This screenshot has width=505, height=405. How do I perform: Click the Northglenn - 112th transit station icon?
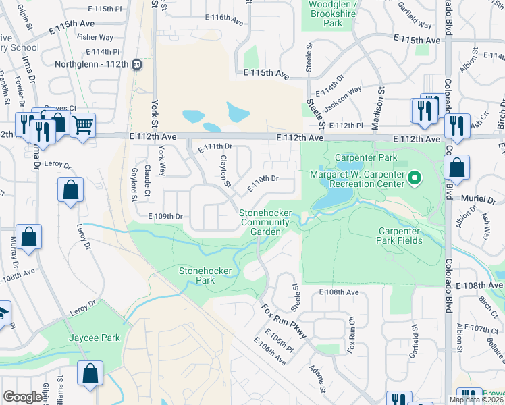tap(137, 64)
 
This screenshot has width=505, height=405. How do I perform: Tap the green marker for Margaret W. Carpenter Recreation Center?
tap(416, 179)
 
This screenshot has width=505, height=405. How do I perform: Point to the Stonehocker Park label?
tap(205, 275)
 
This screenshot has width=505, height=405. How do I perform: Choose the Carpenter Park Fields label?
tap(399, 236)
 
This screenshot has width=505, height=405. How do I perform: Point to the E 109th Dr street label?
tap(165, 217)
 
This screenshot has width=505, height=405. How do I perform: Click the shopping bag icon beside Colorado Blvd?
tap(457, 169)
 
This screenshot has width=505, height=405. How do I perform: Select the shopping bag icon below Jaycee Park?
tap(90, 374)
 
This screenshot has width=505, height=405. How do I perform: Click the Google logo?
tap(22, 397)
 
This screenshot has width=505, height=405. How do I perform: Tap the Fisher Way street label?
tap(95, 38)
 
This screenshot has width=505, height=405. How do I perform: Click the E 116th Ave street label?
tap(222, 21)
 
